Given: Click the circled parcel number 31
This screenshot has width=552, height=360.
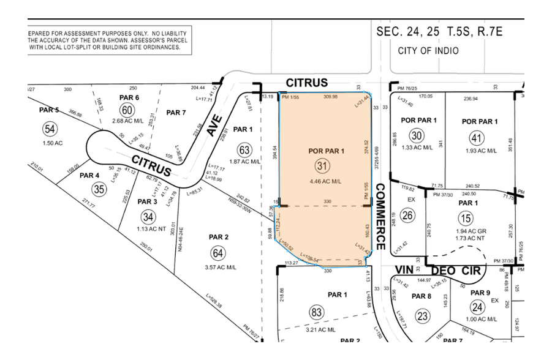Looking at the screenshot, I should [322, 165].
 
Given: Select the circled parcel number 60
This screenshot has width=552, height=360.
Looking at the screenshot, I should [127, 110].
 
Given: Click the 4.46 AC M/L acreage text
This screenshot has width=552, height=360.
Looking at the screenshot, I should [322, 181].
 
